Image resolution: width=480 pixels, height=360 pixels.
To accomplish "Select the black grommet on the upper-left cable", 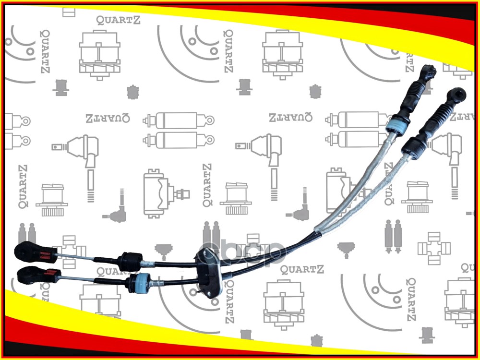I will [x=129, y=261].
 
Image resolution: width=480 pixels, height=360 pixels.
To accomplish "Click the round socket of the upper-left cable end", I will [x=23, y=250].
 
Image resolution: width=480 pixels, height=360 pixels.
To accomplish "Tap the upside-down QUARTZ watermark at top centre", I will [x=290, y=117].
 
